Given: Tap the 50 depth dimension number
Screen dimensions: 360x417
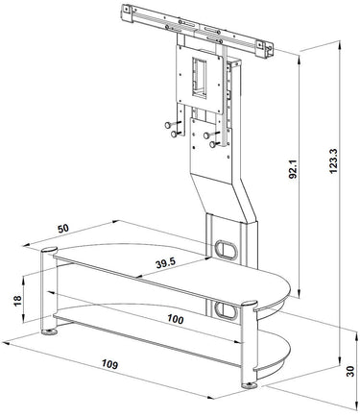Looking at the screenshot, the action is [63, 229].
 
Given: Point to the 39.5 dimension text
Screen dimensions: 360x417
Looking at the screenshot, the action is [166, 263].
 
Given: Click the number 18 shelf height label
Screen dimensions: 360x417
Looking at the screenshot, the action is [17, 300].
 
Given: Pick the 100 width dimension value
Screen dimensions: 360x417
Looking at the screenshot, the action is [176, 319].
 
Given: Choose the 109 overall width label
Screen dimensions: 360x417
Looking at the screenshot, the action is [109, 364].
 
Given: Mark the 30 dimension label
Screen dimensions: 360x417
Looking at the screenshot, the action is [350, 371].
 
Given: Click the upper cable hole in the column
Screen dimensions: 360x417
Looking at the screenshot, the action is [226, 250].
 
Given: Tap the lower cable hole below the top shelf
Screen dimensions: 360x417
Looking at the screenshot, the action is [226, 311].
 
